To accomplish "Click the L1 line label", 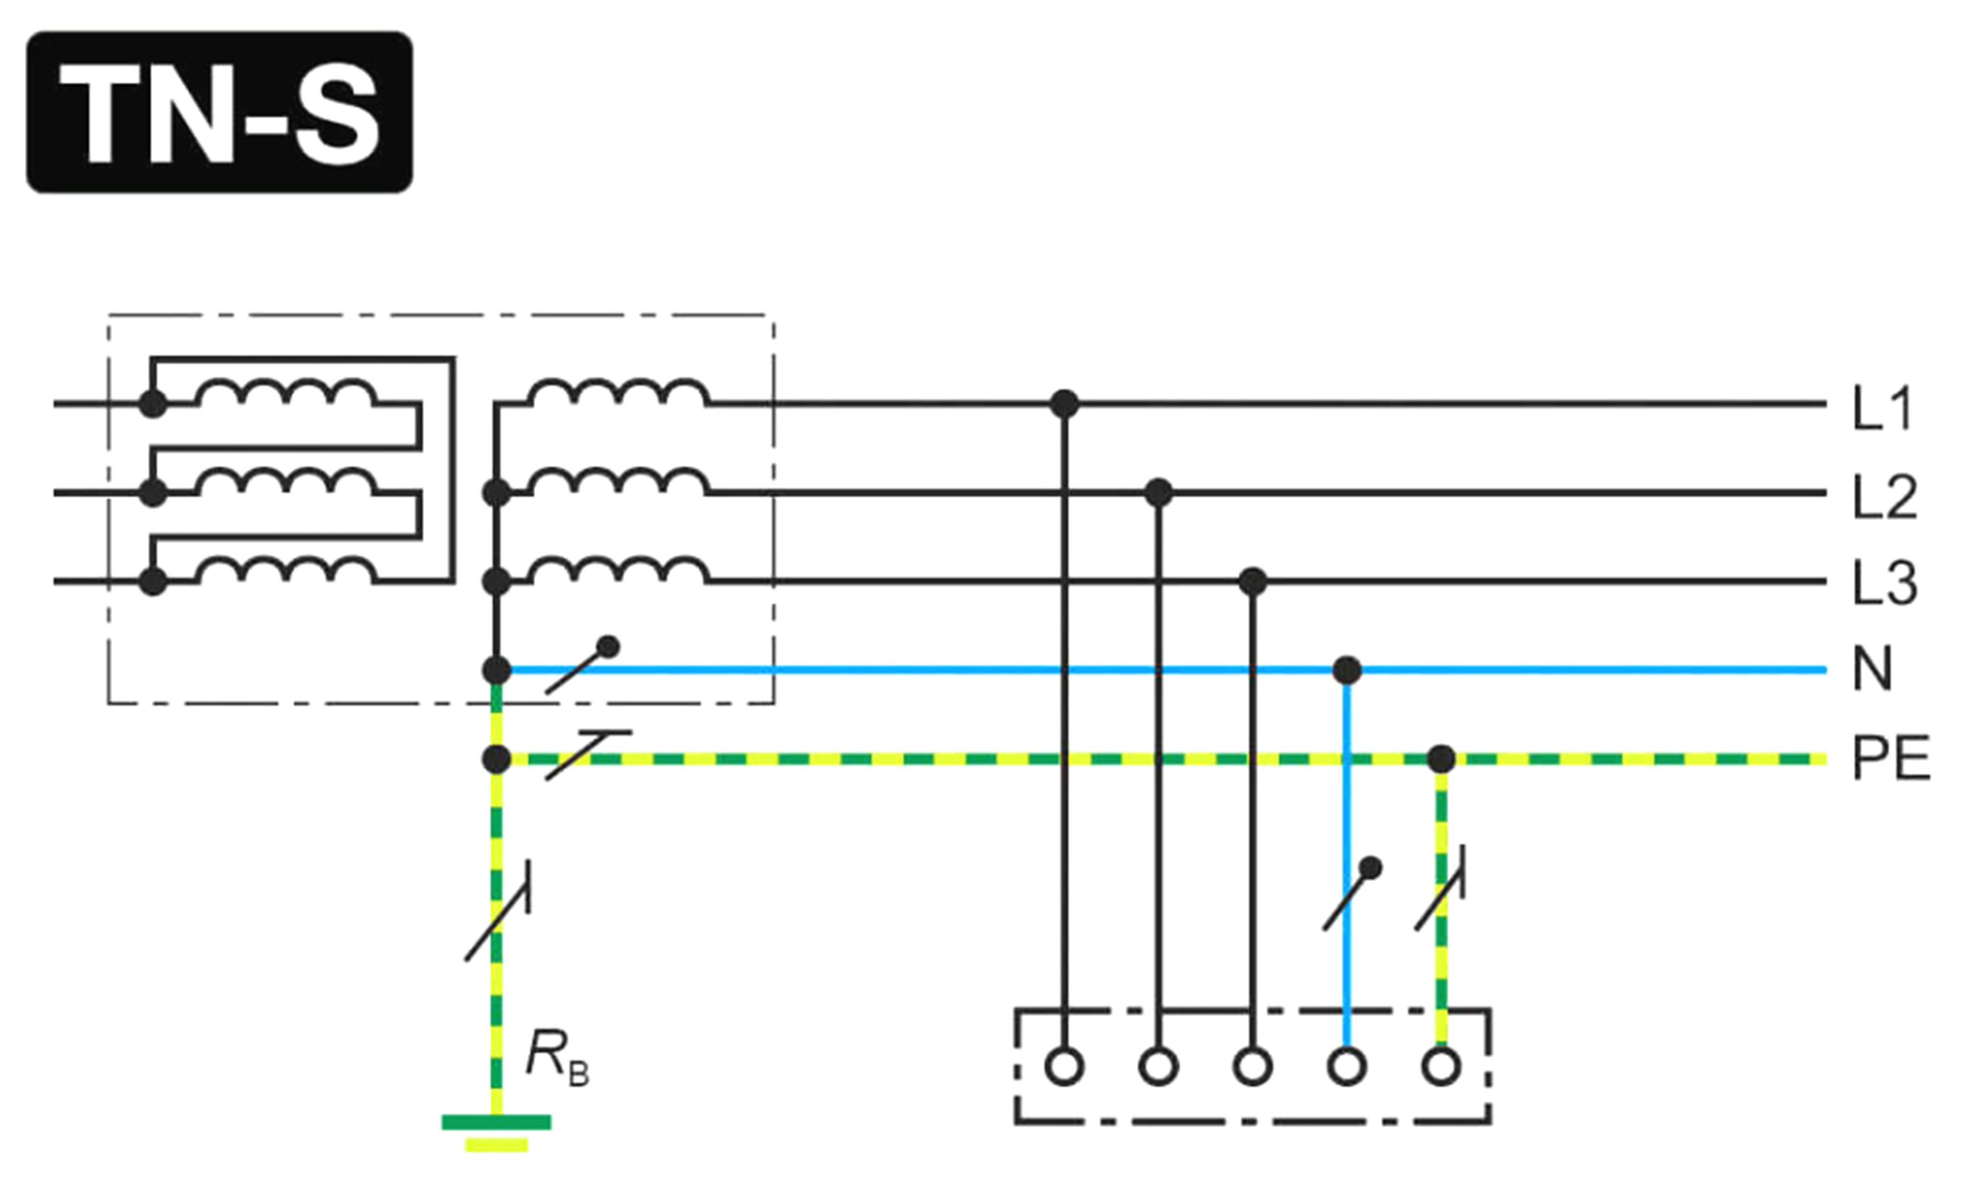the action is click(x=1882, y=408).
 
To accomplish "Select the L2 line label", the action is click(x=1885, y=497).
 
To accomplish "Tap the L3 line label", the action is click(x=1885, y=584).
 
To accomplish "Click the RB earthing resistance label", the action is click(x=558, y=1057).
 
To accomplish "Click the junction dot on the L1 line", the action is click(x=1064, y=404).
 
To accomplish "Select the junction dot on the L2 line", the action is click(x=1159, y=493).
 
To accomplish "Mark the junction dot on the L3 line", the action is click(x=1252, y=582).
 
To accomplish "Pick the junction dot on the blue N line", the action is click(x=1346, y=671).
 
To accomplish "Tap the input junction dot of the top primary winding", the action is click(x=152, y=404).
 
